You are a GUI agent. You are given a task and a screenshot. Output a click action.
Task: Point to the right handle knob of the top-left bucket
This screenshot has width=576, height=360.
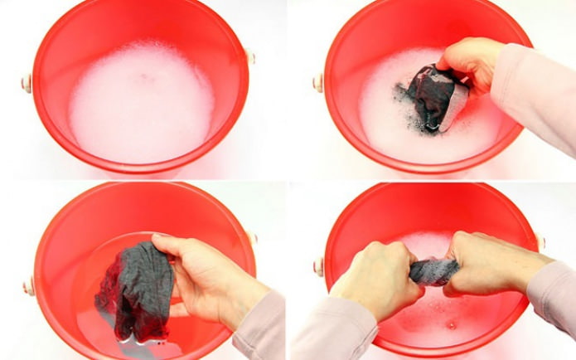(250, 58)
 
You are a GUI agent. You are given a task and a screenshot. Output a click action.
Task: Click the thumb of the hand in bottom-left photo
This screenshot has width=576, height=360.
(166, 242)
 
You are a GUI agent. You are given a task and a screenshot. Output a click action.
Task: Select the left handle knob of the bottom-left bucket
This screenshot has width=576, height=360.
(29, 286)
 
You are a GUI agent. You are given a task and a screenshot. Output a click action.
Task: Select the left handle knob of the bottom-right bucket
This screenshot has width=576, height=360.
(318, 266)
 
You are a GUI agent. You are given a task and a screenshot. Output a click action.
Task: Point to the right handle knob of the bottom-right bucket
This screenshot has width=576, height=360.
(541, 243)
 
